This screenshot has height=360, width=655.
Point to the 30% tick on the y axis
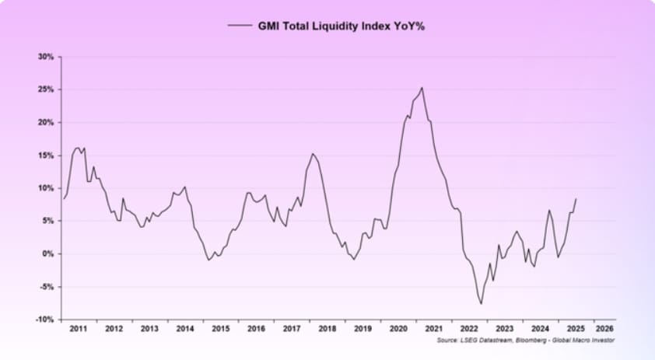(x=45, y=57)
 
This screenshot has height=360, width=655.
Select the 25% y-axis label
(x=45, y=89)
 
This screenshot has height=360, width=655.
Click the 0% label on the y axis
(x=47, y=253)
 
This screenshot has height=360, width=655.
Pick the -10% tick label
(x=44, y=320)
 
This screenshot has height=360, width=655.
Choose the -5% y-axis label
(x=46, y=287)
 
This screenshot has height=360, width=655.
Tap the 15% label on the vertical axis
(x=45, y=156)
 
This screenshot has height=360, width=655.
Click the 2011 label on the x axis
(x=79, y=329)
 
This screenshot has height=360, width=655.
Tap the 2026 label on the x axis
(x=604, y=329)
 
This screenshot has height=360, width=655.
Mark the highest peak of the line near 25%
(x=422, y=87)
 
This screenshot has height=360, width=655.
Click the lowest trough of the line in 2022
(x=482, y=303)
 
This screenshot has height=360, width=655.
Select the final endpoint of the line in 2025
(x=576, y=198)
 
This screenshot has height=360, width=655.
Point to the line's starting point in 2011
(x=64, y=199)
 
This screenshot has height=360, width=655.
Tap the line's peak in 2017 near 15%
(x=312, y=153)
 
